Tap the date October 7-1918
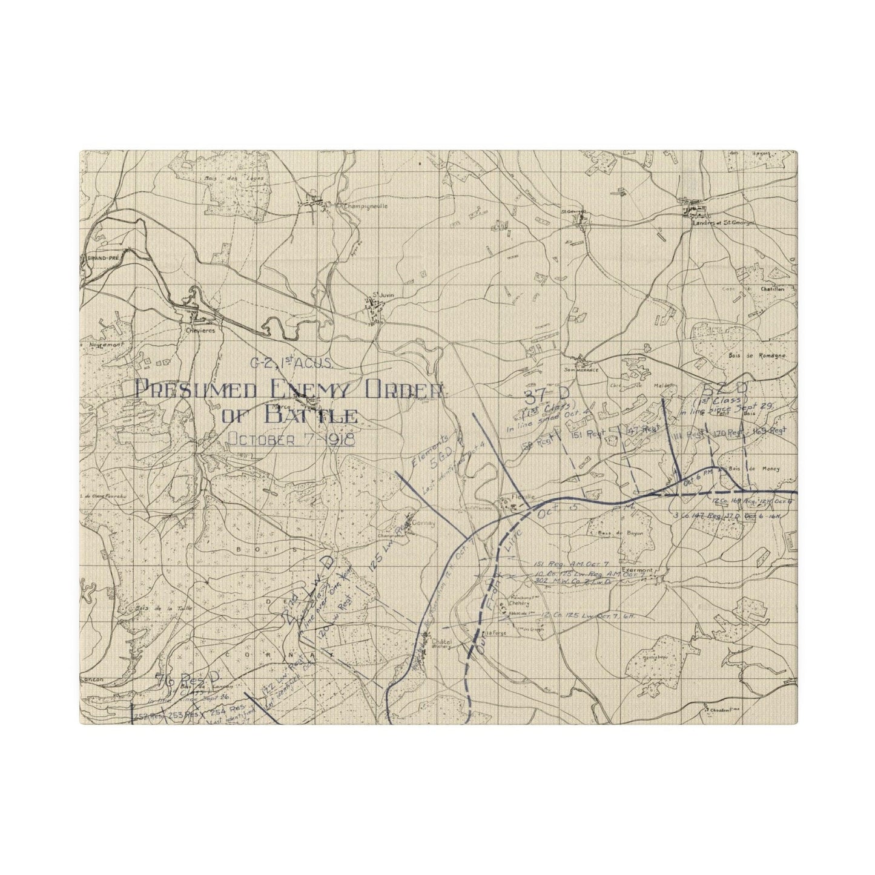[291, 439]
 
